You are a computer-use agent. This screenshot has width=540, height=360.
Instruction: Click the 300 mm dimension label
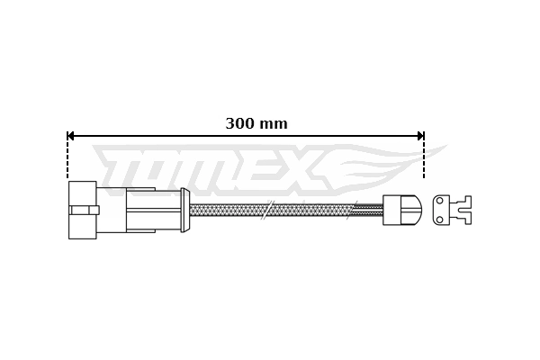coord(256,124)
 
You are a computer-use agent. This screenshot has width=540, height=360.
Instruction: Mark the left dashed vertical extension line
coord(67,158)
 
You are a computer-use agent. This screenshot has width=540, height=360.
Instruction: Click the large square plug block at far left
coord(82,210)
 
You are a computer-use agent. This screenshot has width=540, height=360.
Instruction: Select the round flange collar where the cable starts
coord(184,210)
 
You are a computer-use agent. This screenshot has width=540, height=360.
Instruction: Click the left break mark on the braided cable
coord(265,210)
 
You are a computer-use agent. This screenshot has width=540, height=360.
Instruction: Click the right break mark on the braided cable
coord(352,210)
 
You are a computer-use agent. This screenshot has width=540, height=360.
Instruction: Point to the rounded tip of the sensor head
coord(416,210)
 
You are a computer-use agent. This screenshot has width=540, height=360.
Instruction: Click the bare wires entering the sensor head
coord(368,210)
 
